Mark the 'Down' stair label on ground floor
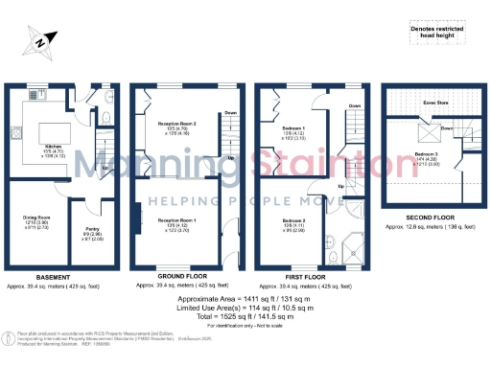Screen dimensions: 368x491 click(229, 113)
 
